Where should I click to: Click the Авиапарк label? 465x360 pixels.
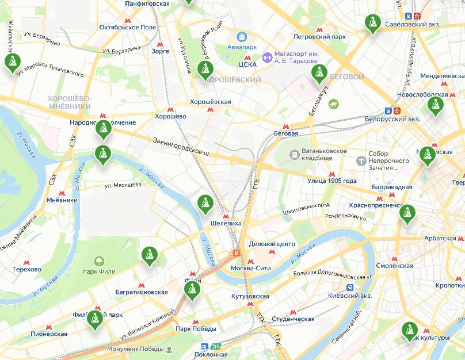point(242,47)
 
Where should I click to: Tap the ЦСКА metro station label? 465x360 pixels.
point(247,65)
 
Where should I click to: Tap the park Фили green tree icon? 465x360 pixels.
point(98,261)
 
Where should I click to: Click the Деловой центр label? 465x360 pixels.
point(272,244)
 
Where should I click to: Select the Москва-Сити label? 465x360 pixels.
point(250,268)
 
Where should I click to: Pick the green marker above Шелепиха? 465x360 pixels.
point(204,204)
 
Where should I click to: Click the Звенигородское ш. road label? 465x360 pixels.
point(182,147)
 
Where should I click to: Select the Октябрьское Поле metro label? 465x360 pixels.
point(128,27)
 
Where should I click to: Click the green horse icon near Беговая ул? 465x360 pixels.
point(333,104)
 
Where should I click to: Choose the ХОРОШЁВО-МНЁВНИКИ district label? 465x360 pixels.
point(70,102)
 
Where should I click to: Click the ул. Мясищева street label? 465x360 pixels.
point(123,185)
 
